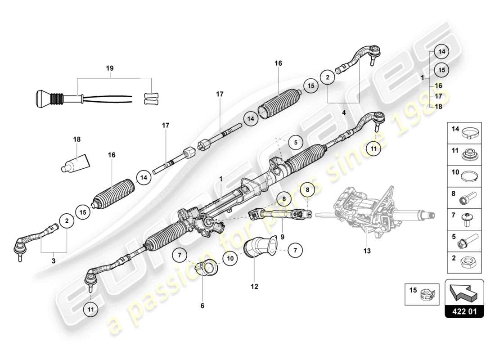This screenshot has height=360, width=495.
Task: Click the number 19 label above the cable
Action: pyautogui.click(x=110, y=68)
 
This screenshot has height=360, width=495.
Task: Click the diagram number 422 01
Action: pyautogui.click(x=464, y=311)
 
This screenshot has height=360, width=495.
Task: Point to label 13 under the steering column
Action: pyautogui.click(x=367, y=251)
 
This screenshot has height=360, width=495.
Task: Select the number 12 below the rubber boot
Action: pyautogui.click(x=254, y=286)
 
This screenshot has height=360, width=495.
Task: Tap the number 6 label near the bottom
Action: pyautogui.click(x=202, y=306)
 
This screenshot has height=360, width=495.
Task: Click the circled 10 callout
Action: pyautogui.click(x=229, y=259)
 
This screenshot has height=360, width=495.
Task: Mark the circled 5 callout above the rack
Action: pyautogui.click(x=296, y=142)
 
